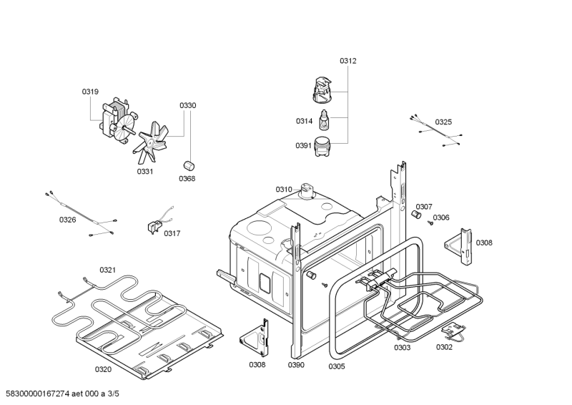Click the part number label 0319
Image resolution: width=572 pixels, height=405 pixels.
point(90,92)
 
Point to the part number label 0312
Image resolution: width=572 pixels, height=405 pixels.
point(347,61)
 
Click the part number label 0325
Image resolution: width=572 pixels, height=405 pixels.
point(443,122)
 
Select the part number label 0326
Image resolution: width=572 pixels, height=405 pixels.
point(67,220)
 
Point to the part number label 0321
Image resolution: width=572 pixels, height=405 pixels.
point(107,270)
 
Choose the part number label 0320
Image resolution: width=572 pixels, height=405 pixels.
point(103,369)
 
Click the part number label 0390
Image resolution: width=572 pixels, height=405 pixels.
point(296,365)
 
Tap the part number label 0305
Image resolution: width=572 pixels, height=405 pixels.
point(336,366)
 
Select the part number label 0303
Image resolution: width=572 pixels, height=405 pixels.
point(402,348)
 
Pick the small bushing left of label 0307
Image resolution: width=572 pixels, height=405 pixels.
point(414,215)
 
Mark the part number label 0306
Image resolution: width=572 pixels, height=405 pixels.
point(441,218)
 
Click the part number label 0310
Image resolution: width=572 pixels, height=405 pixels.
point(284,190)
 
